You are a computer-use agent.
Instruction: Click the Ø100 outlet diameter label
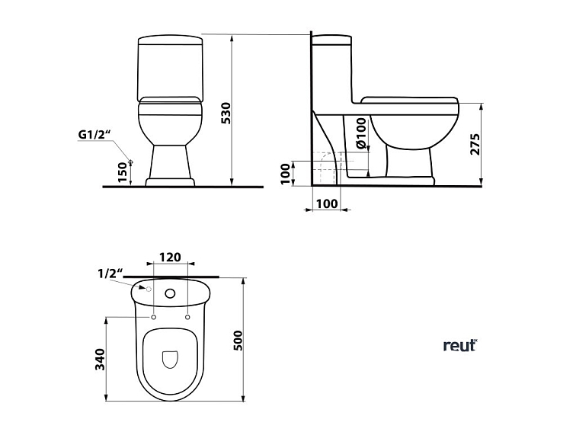(x=360, y=134)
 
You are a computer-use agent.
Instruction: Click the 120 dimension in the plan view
(x=170, y=257)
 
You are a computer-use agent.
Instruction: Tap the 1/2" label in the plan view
(x=110, y=273)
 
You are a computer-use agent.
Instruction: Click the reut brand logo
(x=459, y=345)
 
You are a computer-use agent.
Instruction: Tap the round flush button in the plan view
(x=170, y=293)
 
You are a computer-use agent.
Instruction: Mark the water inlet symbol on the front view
(x=131, y=162)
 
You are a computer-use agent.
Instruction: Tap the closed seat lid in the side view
(x=409, y=100)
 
